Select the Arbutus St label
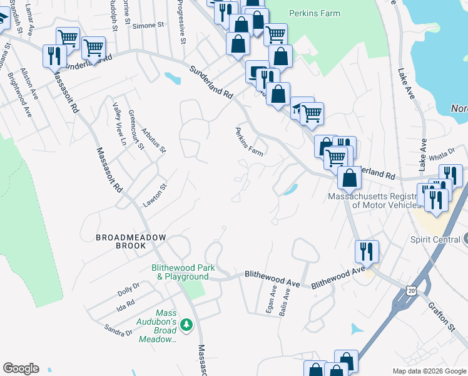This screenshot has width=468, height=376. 153,138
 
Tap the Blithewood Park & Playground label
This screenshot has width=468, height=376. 180,272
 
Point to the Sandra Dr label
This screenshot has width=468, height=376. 118,330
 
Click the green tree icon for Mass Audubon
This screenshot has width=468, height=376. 186,325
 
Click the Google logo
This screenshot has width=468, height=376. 21,368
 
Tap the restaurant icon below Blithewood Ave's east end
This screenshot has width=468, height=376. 365,251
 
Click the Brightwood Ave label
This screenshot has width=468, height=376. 19,95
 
